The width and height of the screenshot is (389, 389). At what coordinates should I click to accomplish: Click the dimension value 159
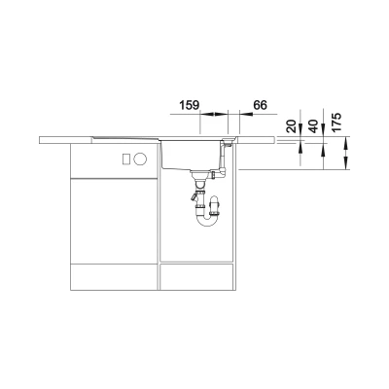189,105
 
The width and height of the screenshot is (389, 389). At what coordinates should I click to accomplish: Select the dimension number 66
260,105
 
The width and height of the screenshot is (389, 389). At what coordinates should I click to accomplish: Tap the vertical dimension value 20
292,125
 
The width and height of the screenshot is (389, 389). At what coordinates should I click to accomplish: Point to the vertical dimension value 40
314,125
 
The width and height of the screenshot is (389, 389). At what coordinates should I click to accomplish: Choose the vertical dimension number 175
336,123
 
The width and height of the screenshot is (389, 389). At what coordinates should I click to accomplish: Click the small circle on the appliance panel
141,159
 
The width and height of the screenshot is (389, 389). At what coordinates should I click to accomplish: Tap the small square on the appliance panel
125,159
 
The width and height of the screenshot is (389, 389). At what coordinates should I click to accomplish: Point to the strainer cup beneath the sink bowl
198,177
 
